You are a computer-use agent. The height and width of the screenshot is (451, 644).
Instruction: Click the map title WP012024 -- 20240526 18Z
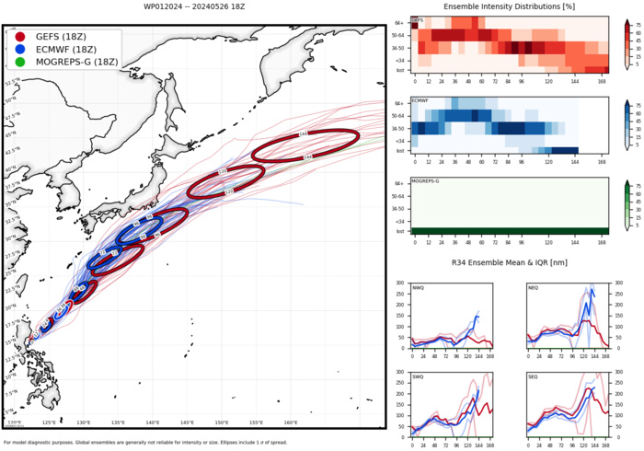(x=194, y=6)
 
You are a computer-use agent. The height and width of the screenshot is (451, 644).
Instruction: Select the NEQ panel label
(x=535, y=288)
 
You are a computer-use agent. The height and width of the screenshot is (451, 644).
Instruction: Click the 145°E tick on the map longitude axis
(x=187, y=423)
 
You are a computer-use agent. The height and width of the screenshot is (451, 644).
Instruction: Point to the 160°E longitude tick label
(x=290, y=423)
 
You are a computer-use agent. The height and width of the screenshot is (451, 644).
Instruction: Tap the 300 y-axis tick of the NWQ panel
(x=401, y=283)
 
